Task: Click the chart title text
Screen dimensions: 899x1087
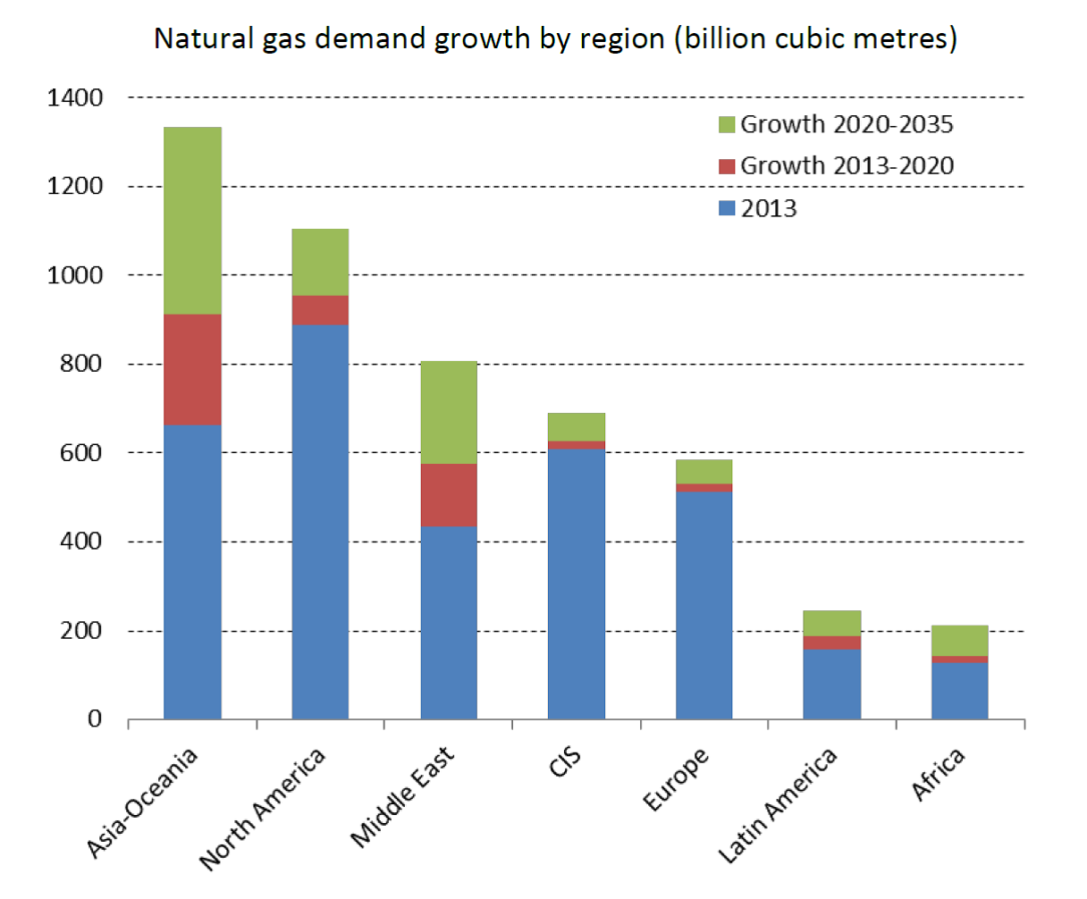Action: click(555, 39)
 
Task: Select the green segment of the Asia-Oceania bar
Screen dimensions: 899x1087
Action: click(192, 221)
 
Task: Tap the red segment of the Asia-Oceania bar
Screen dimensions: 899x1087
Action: click(192, 369)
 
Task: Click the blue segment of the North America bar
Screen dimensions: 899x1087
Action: click(320, 521)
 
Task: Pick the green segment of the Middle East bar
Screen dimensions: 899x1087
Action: click(449, 412)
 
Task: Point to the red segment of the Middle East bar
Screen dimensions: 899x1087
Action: click(449, 495)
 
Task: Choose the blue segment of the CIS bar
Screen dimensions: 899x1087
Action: click(577, 584)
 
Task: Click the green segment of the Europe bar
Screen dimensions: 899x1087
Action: click(704, 471)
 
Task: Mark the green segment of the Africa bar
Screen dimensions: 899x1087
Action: click(960, 640)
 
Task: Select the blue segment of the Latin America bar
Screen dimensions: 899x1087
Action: click(832, 684)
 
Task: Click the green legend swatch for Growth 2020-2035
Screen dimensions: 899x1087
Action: click(727, 125)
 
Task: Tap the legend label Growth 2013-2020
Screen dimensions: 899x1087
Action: click(847, 166)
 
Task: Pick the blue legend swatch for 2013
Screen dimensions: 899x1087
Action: click(727, 209)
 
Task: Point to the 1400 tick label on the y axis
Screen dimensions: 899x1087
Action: click(74, 97)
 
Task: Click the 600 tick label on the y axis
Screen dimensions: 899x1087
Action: click(83, 453)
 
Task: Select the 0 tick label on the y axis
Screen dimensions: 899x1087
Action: click(95, 719)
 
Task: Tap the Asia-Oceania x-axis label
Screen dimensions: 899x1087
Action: click(143, 802)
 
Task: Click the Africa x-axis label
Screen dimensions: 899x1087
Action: click(939, 774)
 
